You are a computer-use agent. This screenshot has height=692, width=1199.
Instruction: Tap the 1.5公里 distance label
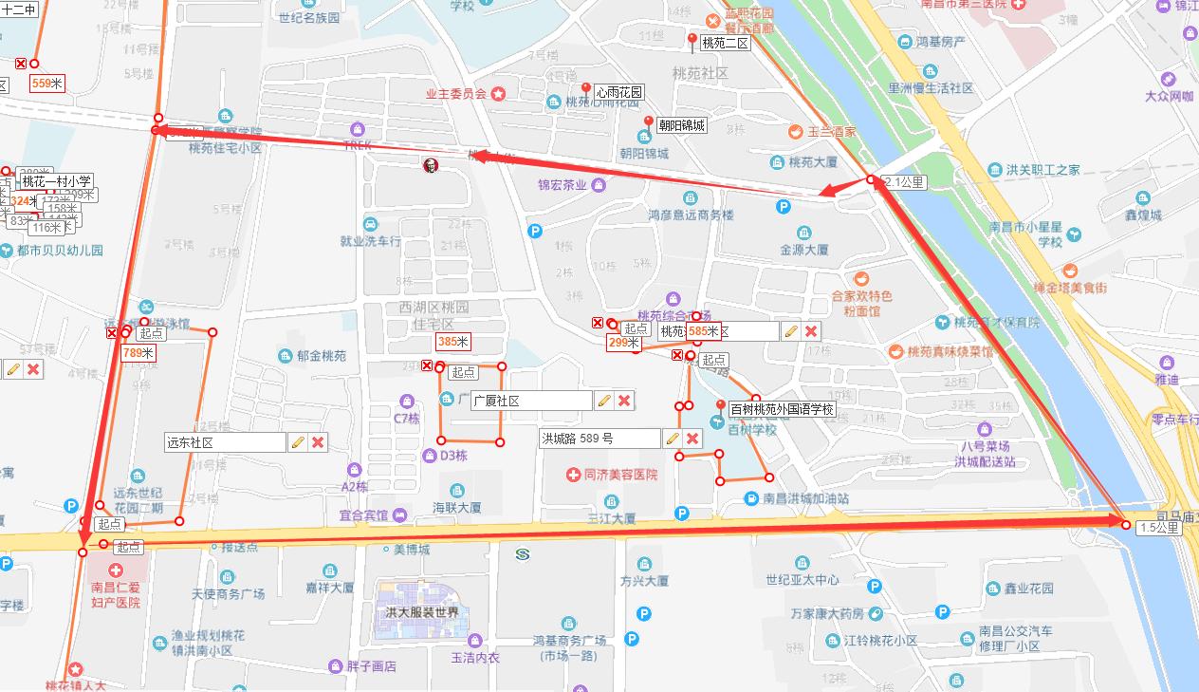coord(1159,528)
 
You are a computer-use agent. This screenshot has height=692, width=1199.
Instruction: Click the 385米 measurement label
coord(452,341)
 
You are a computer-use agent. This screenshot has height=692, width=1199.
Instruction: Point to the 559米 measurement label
coord(47,84)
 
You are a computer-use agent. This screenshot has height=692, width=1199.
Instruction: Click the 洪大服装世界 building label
coord(422,612)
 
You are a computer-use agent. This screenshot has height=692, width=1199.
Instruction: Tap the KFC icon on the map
coord(431,166)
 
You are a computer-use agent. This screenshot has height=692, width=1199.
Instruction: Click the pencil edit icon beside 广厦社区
coord(603,401)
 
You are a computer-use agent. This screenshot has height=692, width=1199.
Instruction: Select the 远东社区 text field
coord(224,442)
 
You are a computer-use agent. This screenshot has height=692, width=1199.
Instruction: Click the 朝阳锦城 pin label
coord(681,125)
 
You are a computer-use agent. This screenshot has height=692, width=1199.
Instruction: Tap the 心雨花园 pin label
coord(618,92)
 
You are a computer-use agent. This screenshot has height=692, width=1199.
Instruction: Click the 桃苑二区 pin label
coord(725,43)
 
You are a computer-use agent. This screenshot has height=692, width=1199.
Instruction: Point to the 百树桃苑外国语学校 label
coord(782,410)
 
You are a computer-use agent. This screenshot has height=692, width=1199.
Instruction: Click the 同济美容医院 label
coord(620,475)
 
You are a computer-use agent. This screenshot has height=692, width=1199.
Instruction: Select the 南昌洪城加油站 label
coord(805,498)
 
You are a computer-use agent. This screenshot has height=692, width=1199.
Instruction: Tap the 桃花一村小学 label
coord(56,181)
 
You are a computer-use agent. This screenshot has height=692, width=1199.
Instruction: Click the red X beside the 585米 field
coord(811,331)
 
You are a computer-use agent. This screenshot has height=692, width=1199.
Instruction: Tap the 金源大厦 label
coord(804,251)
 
